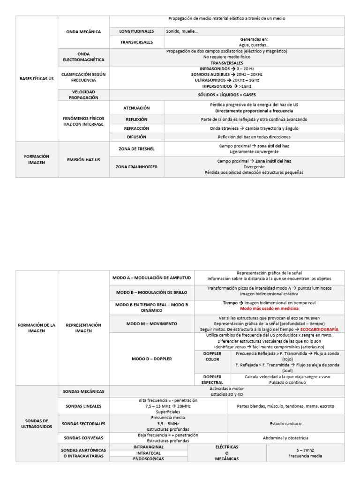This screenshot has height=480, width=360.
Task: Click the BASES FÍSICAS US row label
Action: [37, 79]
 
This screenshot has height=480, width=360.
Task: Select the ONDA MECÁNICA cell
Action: [83, 32]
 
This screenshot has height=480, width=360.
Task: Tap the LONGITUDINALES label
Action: [136, 31]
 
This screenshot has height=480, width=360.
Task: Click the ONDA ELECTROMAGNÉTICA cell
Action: [83, 57]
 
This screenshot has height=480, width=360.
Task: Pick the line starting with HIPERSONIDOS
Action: [227, 86]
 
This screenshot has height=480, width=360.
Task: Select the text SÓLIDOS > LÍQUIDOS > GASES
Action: [227, 95]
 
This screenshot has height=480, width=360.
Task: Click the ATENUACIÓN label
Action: [136, 108]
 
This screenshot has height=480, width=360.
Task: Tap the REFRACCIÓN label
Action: [136, 128]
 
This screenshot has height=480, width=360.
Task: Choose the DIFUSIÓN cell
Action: [136, 137]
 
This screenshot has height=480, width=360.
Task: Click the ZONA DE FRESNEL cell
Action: [136, 149]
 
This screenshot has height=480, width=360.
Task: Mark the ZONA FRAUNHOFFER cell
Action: [136, 166]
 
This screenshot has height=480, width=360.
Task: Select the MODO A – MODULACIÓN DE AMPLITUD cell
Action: [152, 277]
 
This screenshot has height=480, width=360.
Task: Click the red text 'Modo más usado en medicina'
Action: [269, 309]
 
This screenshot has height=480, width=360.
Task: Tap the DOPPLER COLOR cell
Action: [212, 356]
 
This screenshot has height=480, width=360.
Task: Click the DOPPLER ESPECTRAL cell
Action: [212, 380]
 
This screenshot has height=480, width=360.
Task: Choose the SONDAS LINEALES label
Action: [83, 406]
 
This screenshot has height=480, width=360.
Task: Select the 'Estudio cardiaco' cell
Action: [285, 423]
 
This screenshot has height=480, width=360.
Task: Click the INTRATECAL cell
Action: [149, 453]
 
